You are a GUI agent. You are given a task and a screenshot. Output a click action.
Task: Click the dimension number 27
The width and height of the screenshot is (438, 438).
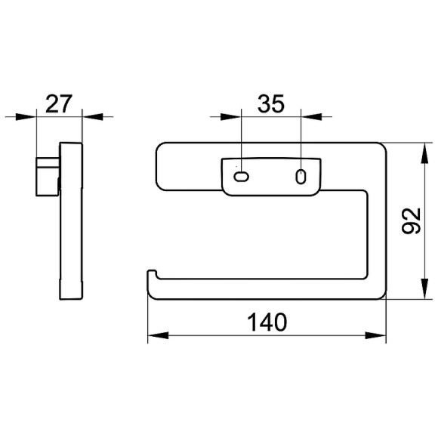click(59, 103)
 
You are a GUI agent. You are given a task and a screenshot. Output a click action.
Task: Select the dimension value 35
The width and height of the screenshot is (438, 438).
click(271, 103)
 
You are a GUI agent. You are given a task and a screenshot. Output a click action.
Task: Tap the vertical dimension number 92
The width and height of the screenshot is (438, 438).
click(411, 221)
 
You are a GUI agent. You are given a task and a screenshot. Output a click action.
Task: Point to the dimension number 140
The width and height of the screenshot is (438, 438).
click(267, 322)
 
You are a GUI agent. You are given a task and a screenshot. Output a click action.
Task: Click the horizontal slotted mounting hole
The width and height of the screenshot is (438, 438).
click(241, 177)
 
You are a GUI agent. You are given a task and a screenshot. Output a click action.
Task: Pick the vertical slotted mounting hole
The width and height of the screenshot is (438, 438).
click(301, 177)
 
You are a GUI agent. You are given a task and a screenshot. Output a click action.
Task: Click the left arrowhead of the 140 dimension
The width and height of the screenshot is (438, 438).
click(158, 335)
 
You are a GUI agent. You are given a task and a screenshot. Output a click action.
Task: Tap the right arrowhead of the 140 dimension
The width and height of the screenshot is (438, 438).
click(375, 335)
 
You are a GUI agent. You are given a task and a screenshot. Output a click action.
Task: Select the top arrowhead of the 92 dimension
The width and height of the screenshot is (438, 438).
click(424, 153)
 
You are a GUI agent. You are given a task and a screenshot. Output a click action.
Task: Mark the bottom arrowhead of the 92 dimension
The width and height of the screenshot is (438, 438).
click(424, 288)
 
